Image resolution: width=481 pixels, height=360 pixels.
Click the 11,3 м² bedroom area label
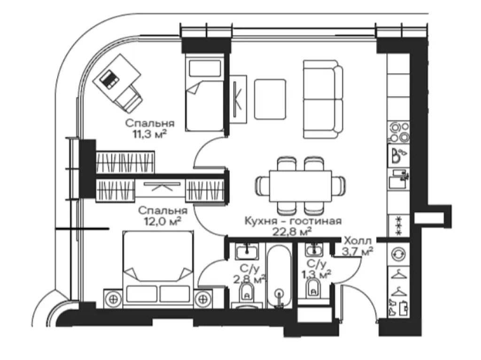tap(150, 134)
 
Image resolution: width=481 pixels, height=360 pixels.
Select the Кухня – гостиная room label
tap(293, 221)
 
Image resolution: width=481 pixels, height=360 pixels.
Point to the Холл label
tap(357, 240)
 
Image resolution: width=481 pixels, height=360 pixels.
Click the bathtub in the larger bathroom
tap(279, 276)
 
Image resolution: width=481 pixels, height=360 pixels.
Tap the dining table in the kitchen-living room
tap(300, 186)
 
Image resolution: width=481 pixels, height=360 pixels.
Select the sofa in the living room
tap(323, 99)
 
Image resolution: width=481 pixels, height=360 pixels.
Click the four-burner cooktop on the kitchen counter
tap(399, 132)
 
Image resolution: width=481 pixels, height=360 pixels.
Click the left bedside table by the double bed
tap(113, 299)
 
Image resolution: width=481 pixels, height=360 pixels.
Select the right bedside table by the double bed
tap(203, 299)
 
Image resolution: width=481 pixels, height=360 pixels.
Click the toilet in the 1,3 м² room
tap(313, 289)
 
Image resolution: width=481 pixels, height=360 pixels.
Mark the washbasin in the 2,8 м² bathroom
tap(247, 252)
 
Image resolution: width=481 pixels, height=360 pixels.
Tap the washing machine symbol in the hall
tap(398, 254)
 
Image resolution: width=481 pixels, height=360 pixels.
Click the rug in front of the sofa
tap(270, 100)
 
